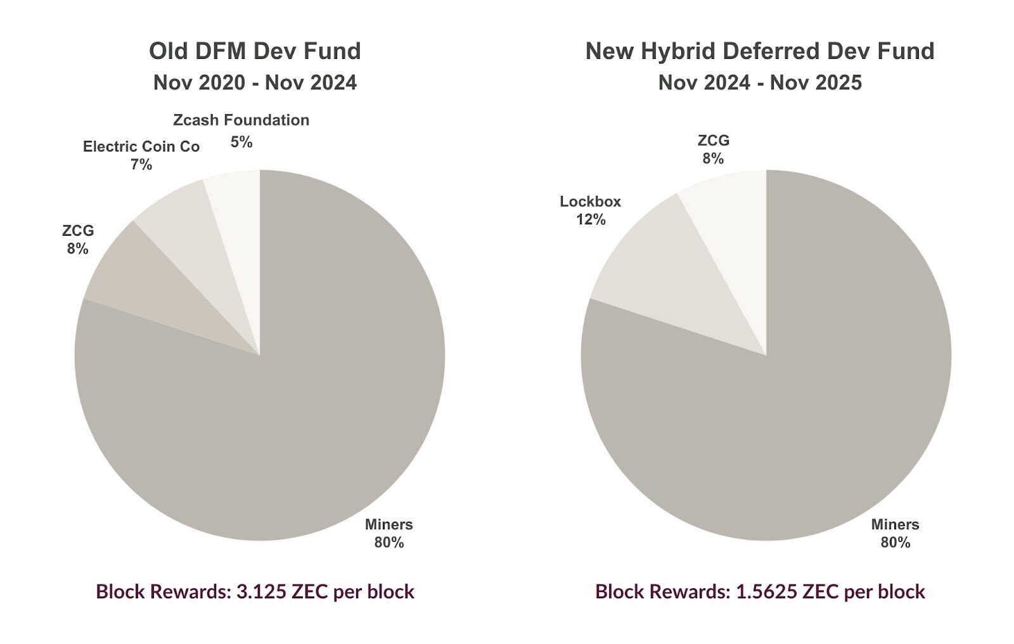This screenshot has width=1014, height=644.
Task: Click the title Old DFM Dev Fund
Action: (x=255, y=51)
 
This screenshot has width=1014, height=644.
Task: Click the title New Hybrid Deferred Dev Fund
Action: (x=760, y=51)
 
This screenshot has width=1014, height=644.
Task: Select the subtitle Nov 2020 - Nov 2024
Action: (x=255, y=83)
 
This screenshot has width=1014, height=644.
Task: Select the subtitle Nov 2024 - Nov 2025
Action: (x=760, y=83)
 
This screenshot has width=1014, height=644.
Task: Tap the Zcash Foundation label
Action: (x=241, y=120)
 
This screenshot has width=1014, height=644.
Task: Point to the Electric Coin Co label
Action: (x=141, y=147)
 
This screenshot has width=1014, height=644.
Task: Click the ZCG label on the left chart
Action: (x=78, y=231)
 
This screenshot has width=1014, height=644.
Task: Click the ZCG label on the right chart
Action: (x=713, y=141)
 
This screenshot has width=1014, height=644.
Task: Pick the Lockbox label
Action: (x=590, y=202)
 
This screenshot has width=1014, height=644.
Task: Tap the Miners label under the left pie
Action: (x=388, y=525)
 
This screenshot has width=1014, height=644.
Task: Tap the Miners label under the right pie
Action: (x=895, y=525)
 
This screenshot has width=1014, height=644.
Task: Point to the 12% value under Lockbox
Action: (x=590, y=220)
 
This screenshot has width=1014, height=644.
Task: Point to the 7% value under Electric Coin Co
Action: (x=141, y=165)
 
